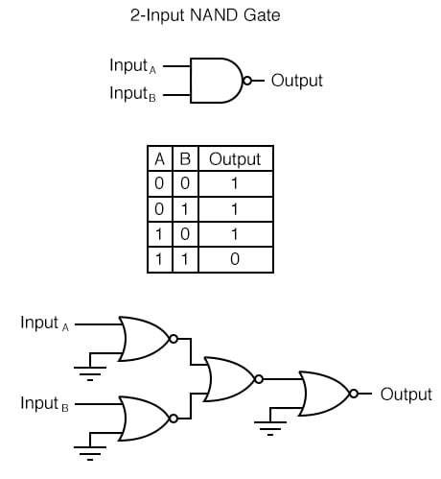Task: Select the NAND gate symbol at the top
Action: [x=217, y=81]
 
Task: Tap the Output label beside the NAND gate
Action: [x=297, y=81]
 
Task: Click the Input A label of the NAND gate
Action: [x=133, y=66]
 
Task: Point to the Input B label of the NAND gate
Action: [x=133, y=94]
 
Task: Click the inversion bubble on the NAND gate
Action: [x=247, y=81]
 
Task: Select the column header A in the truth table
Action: [x=159, y=158]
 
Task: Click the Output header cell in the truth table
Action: [x=235, y=158]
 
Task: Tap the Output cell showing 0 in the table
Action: [x=235, y=258]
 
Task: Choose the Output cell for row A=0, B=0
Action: [x=235, y=183]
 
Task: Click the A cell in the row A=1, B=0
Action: [x=159, y=233]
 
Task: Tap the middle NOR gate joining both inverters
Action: [x=229, y=378]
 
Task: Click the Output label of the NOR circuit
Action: [x=406, y=394]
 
